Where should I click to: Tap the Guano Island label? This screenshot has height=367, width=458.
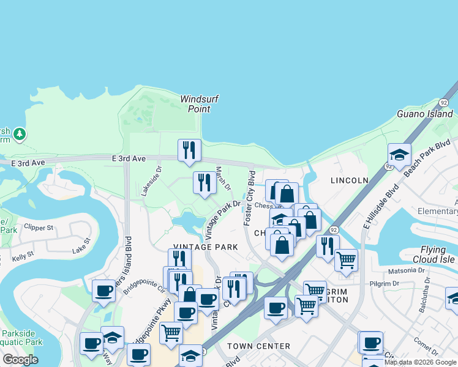424,114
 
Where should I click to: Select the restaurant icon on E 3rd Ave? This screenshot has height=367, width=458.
189,150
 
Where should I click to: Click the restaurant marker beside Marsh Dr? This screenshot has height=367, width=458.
205,182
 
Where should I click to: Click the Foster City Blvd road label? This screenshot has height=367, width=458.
250,198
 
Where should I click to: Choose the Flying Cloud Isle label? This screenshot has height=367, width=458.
437,254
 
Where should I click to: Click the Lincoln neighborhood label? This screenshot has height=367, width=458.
349,180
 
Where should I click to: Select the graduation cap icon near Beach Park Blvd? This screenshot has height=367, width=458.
399,155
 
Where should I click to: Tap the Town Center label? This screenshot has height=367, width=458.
258,346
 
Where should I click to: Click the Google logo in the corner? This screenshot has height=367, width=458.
20,360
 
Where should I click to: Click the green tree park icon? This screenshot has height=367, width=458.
20,133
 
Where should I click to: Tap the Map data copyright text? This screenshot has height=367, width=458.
420,362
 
